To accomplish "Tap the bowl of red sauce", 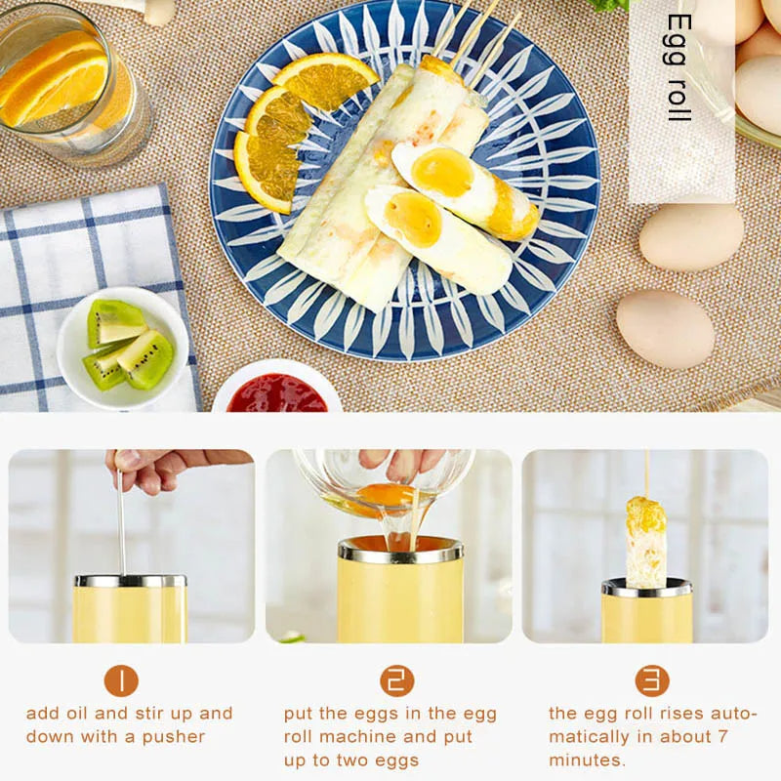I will coord(277,392).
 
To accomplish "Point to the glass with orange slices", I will coord(73,83).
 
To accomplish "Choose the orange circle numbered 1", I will coord(121,680).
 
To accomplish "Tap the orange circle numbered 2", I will coord(396,680).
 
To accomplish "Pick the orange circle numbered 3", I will coord(652,680).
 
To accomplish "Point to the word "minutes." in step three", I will coord(587,760).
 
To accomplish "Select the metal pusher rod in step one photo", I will coord(121,527).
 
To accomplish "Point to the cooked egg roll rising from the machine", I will coord(645,542).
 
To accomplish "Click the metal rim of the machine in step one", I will coord(130,581).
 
